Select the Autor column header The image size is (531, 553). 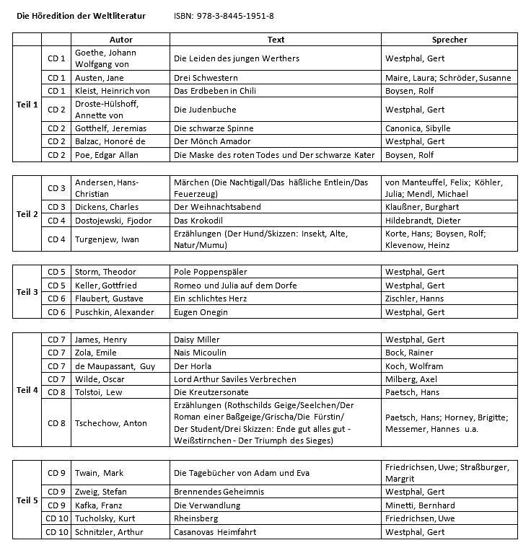pos(120,40)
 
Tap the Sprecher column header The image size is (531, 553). pos(449,40)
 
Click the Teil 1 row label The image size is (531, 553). pos(27,105)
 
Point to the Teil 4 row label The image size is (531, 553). pos(27,390)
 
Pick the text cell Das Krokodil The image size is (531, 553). pos(197,221)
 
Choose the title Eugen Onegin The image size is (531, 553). pos(201,312)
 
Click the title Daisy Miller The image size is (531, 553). pos(197,340)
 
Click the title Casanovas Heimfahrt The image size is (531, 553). pos(214,532)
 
